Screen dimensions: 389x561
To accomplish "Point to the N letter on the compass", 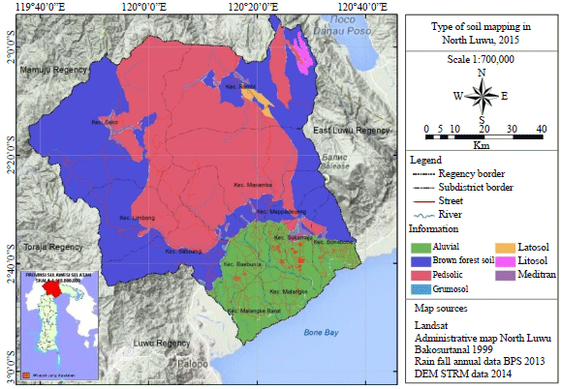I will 482,72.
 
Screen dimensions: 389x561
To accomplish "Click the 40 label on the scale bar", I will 540,127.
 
